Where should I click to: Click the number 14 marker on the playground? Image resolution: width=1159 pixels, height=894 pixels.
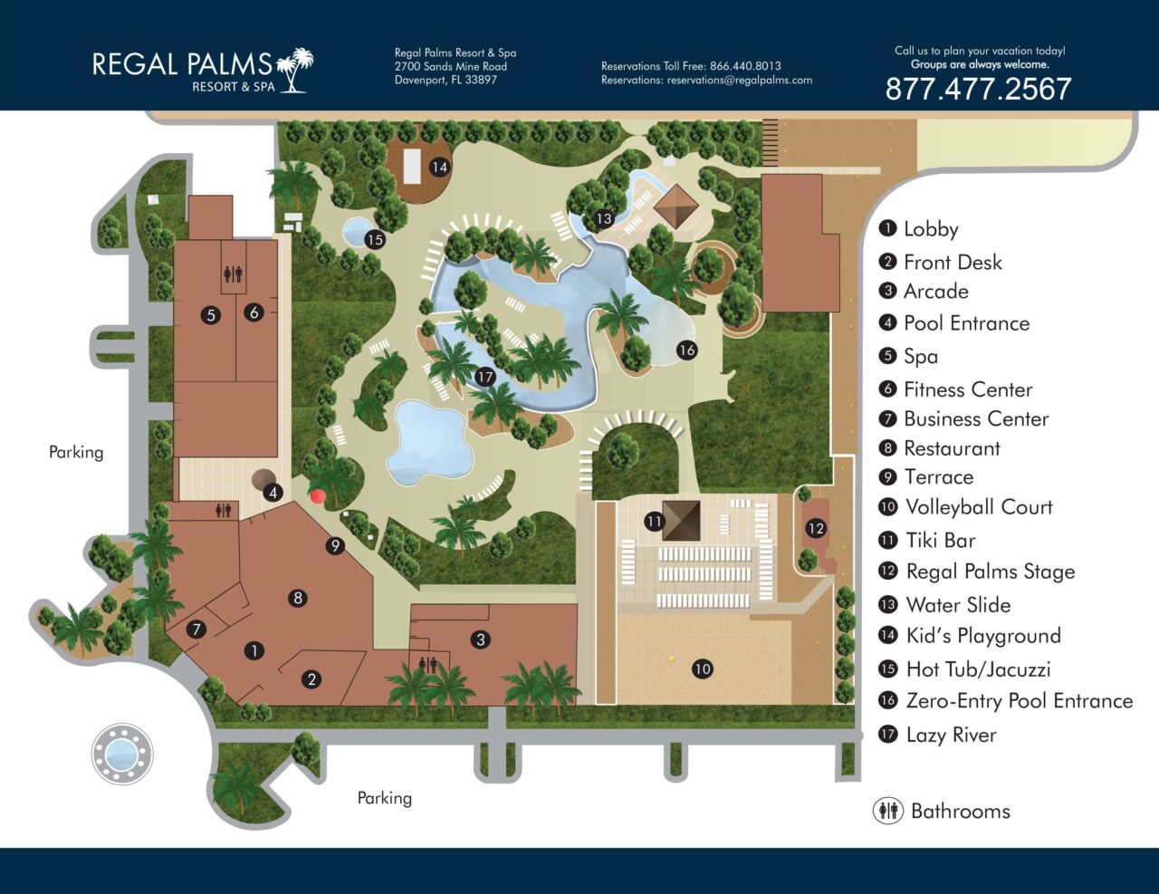(439, 167)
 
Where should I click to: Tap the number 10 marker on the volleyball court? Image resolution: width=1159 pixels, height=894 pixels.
(703, 669)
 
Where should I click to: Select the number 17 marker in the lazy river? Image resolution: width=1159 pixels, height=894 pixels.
(485, 377)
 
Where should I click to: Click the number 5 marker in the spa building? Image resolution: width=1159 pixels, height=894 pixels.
(211, 316)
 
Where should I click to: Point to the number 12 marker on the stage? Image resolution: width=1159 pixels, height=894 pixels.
(816, 528)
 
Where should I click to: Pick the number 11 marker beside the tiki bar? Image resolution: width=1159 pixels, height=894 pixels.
(655, 522)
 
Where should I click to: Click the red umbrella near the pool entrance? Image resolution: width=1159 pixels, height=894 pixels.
(317, 495)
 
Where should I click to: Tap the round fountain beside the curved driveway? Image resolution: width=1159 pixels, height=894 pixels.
(122, 753)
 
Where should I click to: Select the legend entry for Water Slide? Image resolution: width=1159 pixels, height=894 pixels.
(958, 605)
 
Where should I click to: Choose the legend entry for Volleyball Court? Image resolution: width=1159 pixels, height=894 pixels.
(979, 507)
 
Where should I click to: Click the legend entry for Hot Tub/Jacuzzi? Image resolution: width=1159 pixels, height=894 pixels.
(978, 669)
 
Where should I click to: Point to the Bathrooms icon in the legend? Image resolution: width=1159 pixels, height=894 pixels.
(888, 811)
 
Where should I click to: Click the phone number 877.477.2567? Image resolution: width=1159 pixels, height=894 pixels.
(978, 89)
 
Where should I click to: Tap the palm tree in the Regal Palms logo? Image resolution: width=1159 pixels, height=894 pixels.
(294, 70)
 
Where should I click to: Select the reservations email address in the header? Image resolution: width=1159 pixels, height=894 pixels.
(739, 80)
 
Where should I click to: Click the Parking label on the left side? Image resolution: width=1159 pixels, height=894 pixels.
(76, 452)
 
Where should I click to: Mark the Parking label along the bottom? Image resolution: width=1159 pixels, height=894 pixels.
(384, 798)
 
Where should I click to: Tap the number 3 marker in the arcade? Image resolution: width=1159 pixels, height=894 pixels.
(481, 639)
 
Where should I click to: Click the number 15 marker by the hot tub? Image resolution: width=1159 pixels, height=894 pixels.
(375, 239)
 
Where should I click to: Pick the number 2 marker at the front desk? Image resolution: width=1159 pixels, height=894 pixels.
(311, 678)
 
